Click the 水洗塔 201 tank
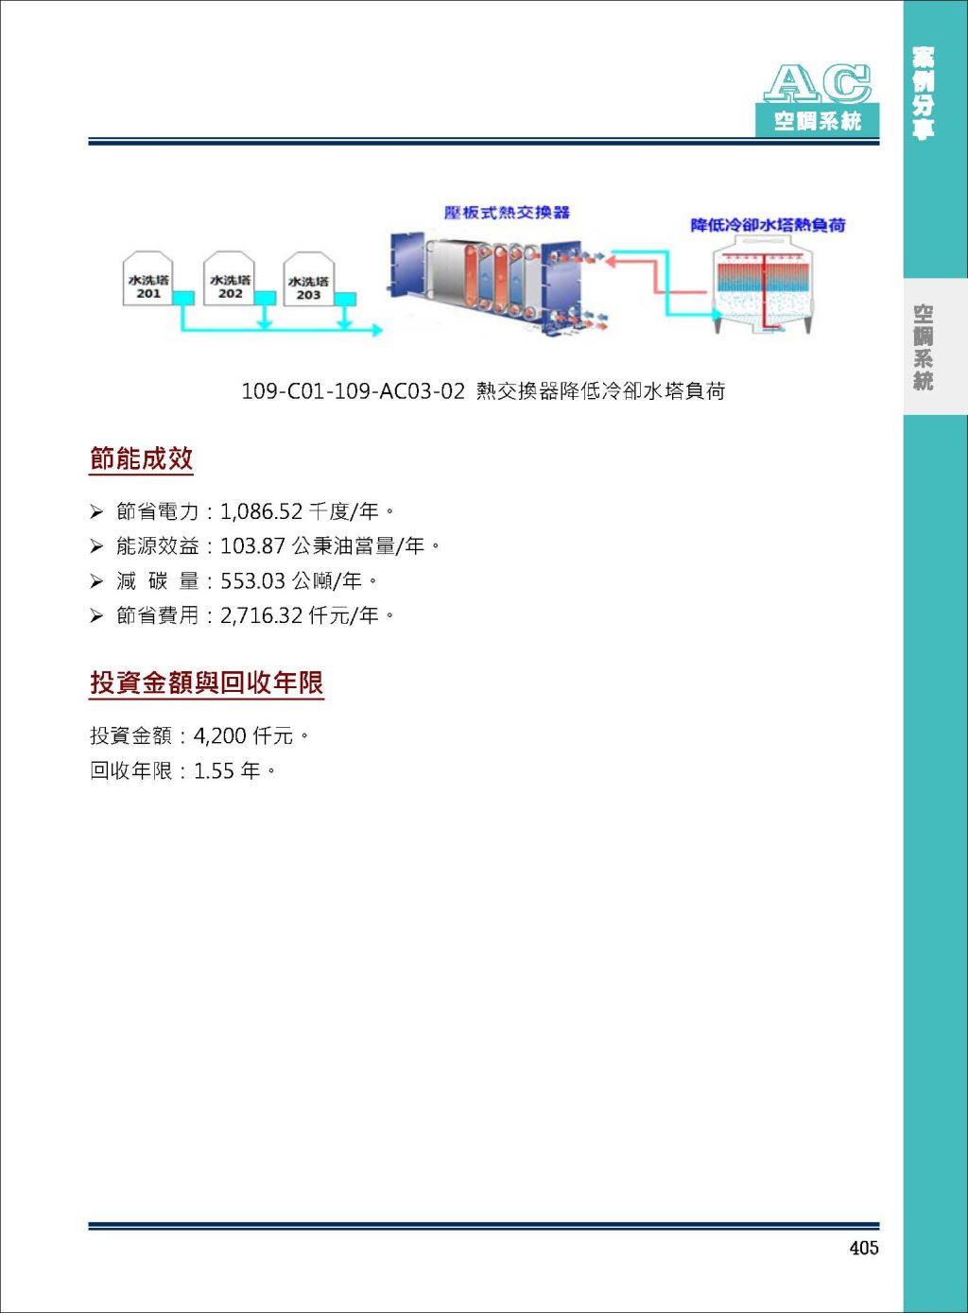(x=147, y=279)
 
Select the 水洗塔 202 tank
(x=230, y=279)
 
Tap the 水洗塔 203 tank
(x=309, y=279)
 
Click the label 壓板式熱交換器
(x=507, y=212)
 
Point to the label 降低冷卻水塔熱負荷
(x=768, y=225)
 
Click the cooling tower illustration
(x=762, y=285)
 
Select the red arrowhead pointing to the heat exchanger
(x=610, y=261)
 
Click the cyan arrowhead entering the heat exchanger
(x=377, y=331)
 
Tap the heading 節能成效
(x=141, y=458)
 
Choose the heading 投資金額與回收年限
(x=206, y=682)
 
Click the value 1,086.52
(x=261, y=511)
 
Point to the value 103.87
(x=252, y=546)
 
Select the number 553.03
(x=252, y=581)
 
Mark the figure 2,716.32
(x=261, y=615)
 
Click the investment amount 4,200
(x=219, y=735)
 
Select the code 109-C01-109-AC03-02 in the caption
(x=353, y=390)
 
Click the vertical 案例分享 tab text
(x=923, y=94)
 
